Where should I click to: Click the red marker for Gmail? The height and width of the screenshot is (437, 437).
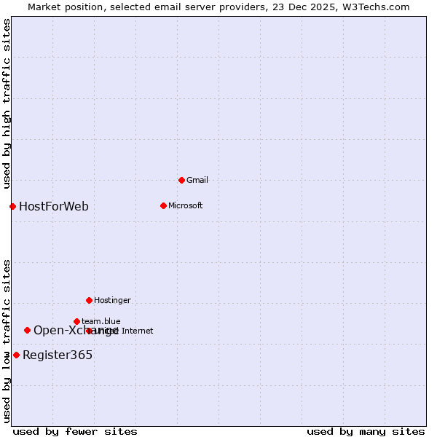[181, 180]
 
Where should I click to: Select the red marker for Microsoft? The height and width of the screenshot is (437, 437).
[163, 205]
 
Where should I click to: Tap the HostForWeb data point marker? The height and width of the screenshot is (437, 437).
[12, 206]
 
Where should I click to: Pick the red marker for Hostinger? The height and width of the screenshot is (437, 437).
[89, 300]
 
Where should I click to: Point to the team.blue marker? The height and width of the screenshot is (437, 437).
[76, 321]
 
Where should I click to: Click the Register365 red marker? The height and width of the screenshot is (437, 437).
[16, 355]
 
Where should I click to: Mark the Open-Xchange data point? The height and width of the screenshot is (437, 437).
[27, 330]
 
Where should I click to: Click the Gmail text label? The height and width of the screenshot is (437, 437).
[197, 180]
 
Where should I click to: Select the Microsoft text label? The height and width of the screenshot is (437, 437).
[185, 205]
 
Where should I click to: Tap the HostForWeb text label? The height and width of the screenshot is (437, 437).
[54, 206]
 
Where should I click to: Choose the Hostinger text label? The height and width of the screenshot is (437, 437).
[112, 300]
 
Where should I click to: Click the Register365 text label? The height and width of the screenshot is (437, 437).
[58, 355]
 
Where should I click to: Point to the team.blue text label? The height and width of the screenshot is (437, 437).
[101, 321]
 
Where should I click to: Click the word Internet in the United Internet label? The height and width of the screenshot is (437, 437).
[136, 331]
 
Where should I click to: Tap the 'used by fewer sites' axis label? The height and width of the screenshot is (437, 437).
[75, 431]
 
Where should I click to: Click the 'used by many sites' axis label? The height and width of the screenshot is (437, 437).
[366, 431]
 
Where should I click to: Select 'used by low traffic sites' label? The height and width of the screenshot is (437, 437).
[7, 340]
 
